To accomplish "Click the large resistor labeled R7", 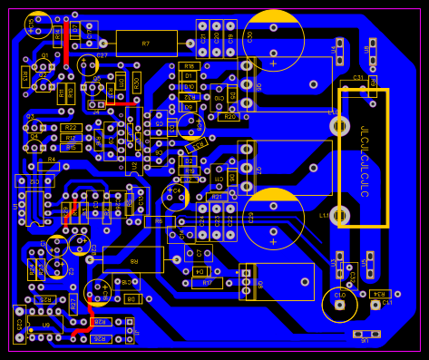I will (x=146, y=43).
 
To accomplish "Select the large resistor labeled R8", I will (x=133, y=260).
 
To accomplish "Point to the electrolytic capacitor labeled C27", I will (x=87, y=64).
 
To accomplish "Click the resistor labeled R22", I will (x=72, y=128).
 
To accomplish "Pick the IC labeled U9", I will (x=45, y=324).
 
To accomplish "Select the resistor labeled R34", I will (x=380, y=294).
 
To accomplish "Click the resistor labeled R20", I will (x=227, y=117).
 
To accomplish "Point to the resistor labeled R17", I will (x=207, y=283).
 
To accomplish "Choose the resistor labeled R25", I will (x=43, y=299).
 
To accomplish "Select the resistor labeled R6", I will (x=159, y=221).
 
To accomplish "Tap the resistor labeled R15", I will (x=71, y=147).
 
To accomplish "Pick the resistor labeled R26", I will (x=99, y=338).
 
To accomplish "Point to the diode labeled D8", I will (x=132, y=297).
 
